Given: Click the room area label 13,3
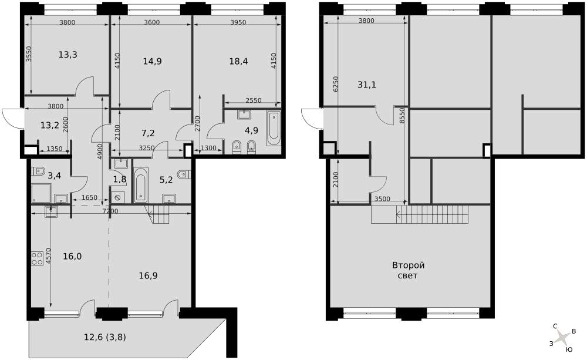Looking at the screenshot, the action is click(x=68, y=55).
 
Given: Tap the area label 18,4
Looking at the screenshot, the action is click(x=238, y=61).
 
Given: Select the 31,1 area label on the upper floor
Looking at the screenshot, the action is click(x=366, y=85).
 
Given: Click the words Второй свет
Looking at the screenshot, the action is click(x=408, y=271).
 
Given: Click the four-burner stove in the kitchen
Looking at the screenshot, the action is click(x=38, y=258).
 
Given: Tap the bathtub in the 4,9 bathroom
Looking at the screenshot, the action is click(x=274, y=129).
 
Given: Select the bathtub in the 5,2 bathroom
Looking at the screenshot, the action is click(x=141, y=185).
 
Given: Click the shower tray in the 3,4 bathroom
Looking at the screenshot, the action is click(x=41, y=194).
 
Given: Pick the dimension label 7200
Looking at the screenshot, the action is click(x=110, y=211).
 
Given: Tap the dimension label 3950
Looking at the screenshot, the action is click(x=238, y=22).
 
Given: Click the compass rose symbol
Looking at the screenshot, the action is click(x=562, y=338).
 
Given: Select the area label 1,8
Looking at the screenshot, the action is click(x=120, y=180).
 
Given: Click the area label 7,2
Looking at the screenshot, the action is click(x=148, y=133).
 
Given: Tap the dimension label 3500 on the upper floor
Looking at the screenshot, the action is click(x=382, y=199).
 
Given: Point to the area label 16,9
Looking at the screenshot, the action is click(x=149, y=276).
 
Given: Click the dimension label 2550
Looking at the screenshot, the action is click(x=254, y=100).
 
